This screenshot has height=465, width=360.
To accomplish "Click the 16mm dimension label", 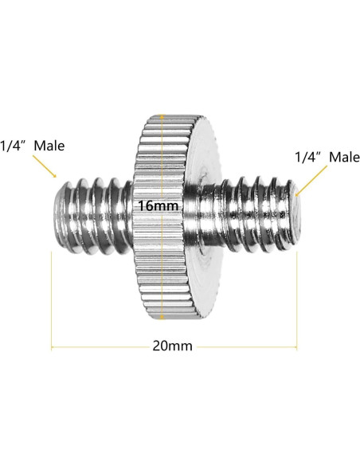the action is point(158,205).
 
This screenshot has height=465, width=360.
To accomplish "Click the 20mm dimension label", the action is point(173,346).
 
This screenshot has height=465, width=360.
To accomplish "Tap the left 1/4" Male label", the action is point(32,146).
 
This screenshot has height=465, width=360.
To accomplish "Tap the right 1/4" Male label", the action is point(327,157).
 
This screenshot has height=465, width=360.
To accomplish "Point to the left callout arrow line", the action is point(44,166).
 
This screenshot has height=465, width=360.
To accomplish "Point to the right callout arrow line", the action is point(311,181).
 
